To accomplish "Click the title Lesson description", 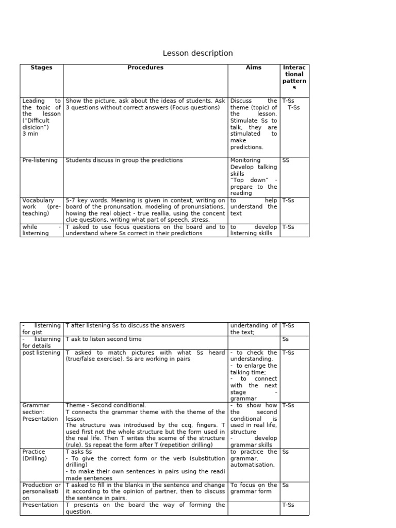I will (x=197, y=54).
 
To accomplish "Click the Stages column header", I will (x=41, y=68).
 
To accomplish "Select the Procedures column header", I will (x=145, y=68).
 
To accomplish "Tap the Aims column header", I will (x=254, y=68).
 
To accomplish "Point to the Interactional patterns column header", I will (x=294, y=77).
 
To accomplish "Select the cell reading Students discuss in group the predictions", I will (x=124, y=160).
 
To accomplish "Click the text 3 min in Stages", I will (x=30, y=134).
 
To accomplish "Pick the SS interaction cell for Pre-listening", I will (x=286, y=160).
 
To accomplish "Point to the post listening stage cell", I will (x=41, y=353).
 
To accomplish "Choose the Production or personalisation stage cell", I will (x=41, y=492).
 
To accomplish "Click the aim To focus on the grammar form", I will (x=254, y=488).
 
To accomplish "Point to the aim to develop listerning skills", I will (x=254, y=230).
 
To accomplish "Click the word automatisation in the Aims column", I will (x=252, y=465).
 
